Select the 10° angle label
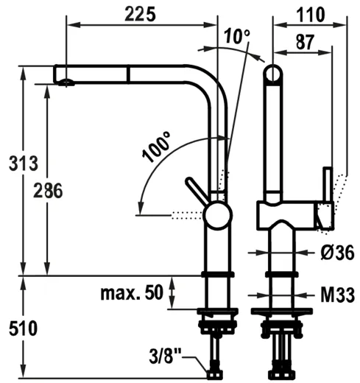tap(237, 35)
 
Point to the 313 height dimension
tap(19, 164)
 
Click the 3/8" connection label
tap(166, 358)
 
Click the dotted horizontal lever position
tap(186, 215)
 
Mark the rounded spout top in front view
tap(273, 74)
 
